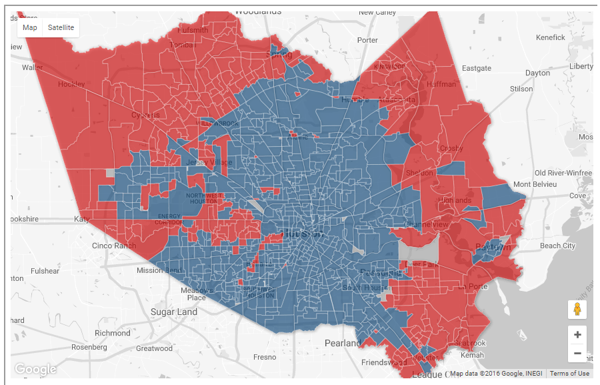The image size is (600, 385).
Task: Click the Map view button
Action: pyautogui.click(x=30, y=27)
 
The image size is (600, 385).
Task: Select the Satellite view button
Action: pyautogui.click(x=61, y=27)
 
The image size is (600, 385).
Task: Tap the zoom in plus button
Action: pyautogui.click(x=577, y=335)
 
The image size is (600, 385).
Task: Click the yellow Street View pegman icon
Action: pyautogui.click(x=577, y=310)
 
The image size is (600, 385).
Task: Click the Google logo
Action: pyautogui.click(x=35, y=369)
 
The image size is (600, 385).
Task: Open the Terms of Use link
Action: pyautogui.click(x=569, y=374)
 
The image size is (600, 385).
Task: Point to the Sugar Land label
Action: pyautogui.click(x=174, y=312)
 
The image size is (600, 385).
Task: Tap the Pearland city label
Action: pyautogui.click(x=343, y=343)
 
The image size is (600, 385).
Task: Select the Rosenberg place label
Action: pyautogui.click(x=89, y=347)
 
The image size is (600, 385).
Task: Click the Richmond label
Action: pyautogui.click(x=113, y=333)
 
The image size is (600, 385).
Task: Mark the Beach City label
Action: pyautogui.click(x=557, y=246)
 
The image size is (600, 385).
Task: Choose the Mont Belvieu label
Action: pyautogui.click(x=540, y=184)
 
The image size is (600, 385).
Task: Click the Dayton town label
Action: pyautogui.click(x=538, y=73)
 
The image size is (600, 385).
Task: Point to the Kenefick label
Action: pyautogui.click(x=550, y=37)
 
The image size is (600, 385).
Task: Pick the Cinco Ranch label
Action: pyautogui.click(x=114, y=246)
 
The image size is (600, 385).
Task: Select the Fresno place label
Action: pyautogui.click(x=265, y=357)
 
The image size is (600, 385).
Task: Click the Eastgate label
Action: pyautogui.click(x=477, y=68)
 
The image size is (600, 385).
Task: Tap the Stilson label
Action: pyautogui.click(x=521, y=88)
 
